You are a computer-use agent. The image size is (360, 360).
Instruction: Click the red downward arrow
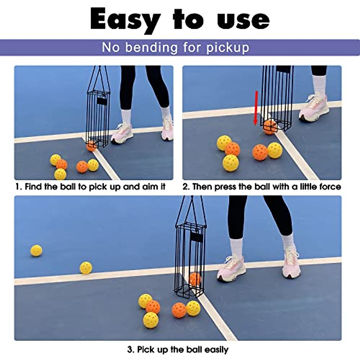tap(256, 108)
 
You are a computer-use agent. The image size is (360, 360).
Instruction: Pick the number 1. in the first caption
tap(19, 187)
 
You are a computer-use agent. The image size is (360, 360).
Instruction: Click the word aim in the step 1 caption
tap(148, 187)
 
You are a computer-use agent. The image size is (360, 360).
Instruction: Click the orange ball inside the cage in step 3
tap(195, 279)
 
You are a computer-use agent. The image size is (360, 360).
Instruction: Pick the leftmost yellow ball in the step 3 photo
tap(36, 250)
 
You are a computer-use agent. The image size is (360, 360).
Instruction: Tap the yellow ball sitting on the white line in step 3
tap(86, 268)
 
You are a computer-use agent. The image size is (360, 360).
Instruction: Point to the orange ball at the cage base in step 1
tap(91, 146)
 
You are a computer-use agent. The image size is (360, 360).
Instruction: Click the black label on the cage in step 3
tap(196, 237)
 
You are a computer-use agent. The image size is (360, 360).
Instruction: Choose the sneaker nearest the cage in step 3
tap(231, 267)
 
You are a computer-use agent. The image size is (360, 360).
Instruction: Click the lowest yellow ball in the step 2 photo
tap(230, 163)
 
